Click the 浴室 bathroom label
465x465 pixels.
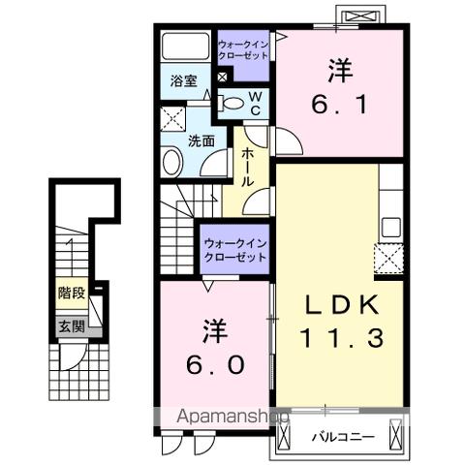[x=185, y=81]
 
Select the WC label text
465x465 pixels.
[x=255, y=103]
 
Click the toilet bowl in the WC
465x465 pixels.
[x=232, y=102]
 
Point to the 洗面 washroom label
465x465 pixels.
[x=201, y=139]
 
